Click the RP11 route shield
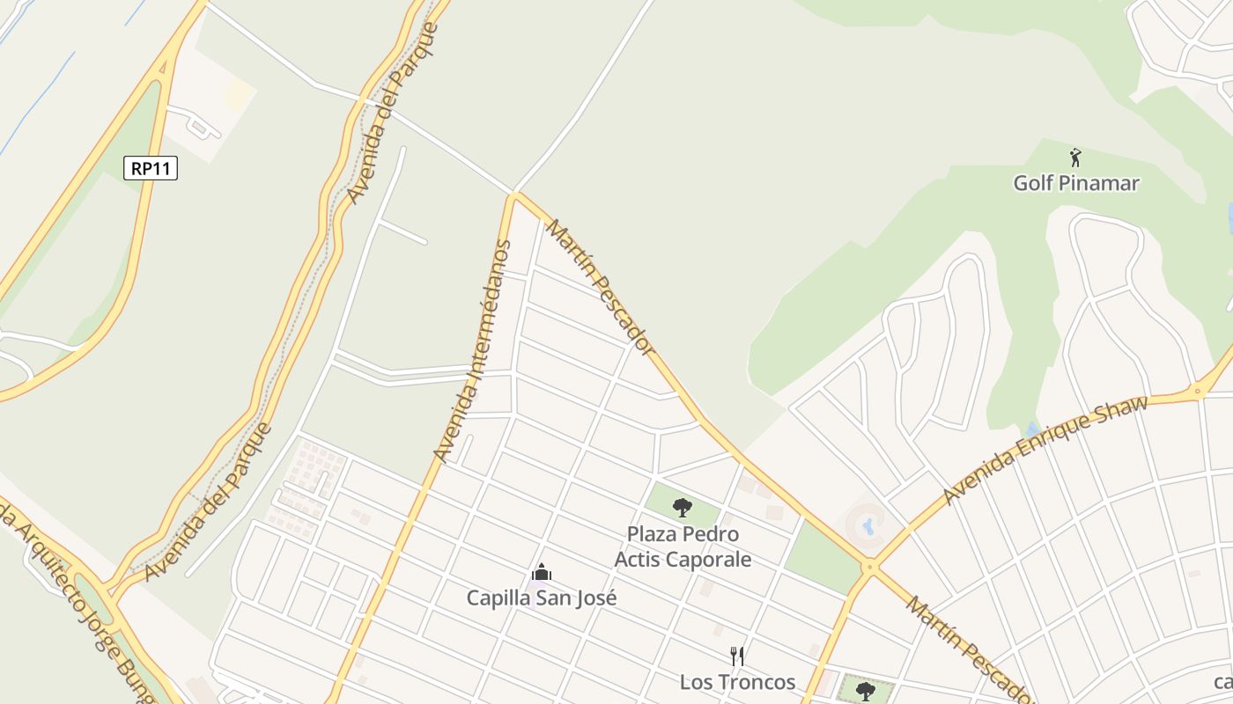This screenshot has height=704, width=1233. [151, 168]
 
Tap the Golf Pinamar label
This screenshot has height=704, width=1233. [1076, 183]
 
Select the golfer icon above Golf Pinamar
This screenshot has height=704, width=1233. [1075, 158]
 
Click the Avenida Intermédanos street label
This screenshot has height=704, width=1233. [473, 350]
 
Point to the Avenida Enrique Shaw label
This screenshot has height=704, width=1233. [1045, 451]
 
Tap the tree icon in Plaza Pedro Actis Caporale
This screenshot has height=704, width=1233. [682, 507]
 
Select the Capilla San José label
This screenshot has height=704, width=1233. [542, 598]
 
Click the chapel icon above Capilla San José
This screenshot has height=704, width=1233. [542, 574]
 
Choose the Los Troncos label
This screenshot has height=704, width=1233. [737, 682]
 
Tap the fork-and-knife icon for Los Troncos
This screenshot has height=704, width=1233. [737, 656]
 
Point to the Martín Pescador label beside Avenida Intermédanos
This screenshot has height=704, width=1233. [601, 289]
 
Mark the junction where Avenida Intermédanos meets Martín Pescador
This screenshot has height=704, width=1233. [514, 196]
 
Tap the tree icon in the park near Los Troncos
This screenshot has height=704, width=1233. [866, 690]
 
